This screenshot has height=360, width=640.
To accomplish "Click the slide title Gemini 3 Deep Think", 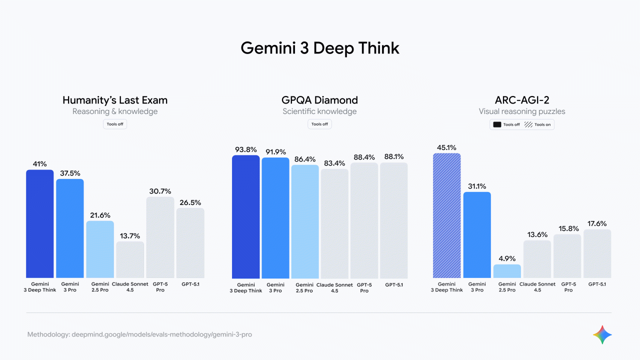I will pyautogui.click(x=320, y=48).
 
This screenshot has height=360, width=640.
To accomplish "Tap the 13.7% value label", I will pyautogui.click(x=130, y=235).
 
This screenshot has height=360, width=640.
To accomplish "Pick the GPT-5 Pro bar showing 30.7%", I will pyautogui.click(x=160, y=237).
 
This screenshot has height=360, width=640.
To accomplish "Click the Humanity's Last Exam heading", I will pyautogui.click(x=115, y=100).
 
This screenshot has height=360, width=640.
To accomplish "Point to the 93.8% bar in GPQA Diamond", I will pyautogui.click(x=246, y=217).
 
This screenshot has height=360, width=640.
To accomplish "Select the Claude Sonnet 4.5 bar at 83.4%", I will pyautogui.click(x=334, y=223).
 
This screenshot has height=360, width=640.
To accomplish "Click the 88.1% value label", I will pyautogui.click(x=394, y=156).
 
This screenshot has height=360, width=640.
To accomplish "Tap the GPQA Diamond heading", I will pyautogui.click(x=320, y=100).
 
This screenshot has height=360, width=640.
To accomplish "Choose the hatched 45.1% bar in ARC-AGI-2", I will pyautogui.click(x=446, y=215).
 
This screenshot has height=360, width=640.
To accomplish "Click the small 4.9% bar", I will pyautogui.click(x=507, y=271).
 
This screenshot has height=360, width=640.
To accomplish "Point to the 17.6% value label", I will pyautogui.click(x=597, y=223).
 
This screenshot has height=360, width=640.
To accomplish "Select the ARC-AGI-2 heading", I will pyautogui.click(x=522, y=100).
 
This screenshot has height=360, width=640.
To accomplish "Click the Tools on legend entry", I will pyautogui.click(x=538, y=124).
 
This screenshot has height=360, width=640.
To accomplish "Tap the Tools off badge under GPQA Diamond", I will pyautogui.click(x=319, y=124).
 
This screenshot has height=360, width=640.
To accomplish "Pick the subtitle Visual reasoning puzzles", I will pyautogui.click(x=522, y=111).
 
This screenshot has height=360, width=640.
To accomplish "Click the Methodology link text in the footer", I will pyautogui.click(x=139, y=334).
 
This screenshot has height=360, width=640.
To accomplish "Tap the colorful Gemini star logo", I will pyautogui.click(x=602, y=334).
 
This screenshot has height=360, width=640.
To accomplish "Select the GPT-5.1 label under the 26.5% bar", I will pyautogui.click(x=190, y=284).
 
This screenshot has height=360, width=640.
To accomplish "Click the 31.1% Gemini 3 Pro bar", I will pyautogui.click(x=477, y=235).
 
